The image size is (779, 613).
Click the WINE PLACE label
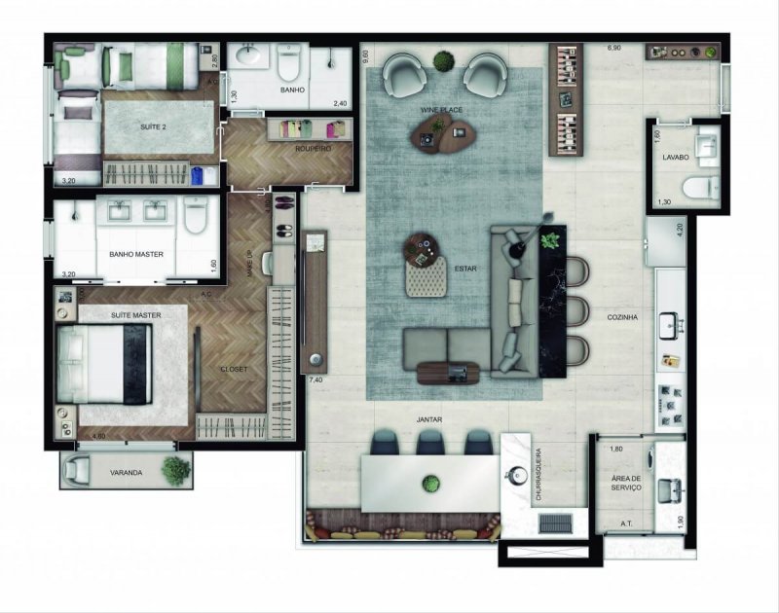441,112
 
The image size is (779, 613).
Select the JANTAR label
428,420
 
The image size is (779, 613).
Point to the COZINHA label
622,317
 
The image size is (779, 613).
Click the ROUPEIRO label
313,149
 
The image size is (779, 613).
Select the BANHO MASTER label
135,255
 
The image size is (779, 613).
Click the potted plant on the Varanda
176,470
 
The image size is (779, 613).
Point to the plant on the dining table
431,484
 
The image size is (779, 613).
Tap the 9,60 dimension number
366,55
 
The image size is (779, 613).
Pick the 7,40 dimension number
315,379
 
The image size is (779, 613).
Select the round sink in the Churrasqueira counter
514,476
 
